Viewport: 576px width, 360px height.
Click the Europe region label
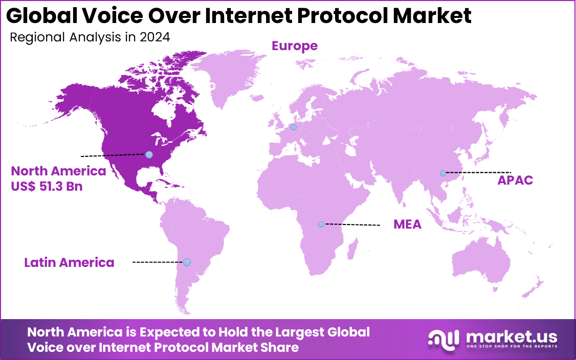pyautogui.click(x=294, y=46)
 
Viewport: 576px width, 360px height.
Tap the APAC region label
pyautogui.click(x=515, y=181)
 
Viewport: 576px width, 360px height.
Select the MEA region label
pyautogui.click(x=407, y=224)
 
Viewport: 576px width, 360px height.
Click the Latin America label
pyautogui.click(x=69, y=263)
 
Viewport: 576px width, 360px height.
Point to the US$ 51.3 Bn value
pyautogui.click(x=47, y=187)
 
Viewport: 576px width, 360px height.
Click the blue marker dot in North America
pyautogui.click(x=149, y=154)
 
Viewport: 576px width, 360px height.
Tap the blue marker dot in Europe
pyautogui.click(x=293, y=127)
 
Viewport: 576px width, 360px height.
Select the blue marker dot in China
pyautogui.click(x=442, y=173)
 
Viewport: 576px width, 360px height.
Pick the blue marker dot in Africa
pyautogui.click(x=321, y=224)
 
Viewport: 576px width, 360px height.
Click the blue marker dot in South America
pyautogui.click(x=187, y=262)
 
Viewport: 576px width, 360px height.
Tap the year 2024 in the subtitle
pyautogui.click(x=156, y=37)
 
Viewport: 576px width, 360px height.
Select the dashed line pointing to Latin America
pyautogui.click(x=159, y=262)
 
